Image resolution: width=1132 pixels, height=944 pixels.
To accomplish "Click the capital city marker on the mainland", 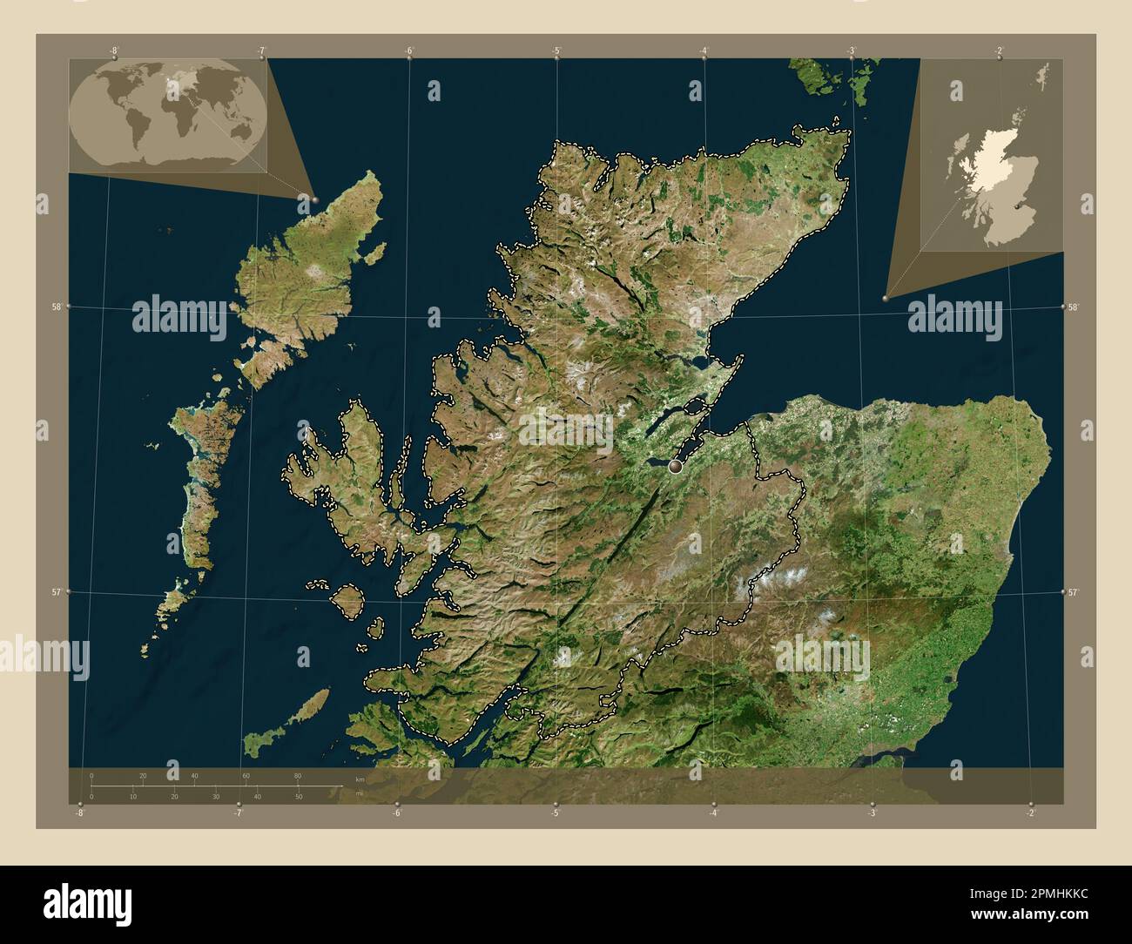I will tap(677, 468).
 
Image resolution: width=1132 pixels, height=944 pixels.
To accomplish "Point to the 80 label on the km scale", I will tap(298, 775).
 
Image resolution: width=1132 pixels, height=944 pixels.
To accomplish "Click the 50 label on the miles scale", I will tap(299, 797).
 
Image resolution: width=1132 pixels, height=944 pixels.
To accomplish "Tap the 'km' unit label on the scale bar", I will tap(360, 779).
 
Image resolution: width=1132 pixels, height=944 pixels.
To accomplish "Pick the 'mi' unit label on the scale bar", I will tap(360, 793).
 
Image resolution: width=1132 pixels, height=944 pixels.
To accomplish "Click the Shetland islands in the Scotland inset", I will tap(1043, 77).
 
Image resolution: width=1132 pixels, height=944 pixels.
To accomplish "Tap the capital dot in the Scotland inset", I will tap(1017, 209).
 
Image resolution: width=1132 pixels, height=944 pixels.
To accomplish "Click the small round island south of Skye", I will tap(347, 599).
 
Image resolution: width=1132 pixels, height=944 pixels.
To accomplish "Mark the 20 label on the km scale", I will tap(143, 775).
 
